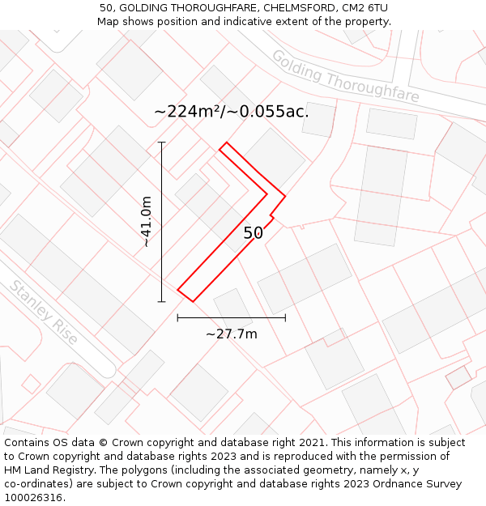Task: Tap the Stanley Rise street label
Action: point(44,312)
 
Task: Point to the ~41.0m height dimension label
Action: point(147,222)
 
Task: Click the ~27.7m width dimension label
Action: point(231,334)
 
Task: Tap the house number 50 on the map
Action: point(253,233)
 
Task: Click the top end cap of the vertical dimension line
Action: point(161,142)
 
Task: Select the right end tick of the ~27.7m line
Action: point(285,318)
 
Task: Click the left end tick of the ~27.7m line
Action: point(177,318)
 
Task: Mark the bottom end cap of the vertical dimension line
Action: point(161,301)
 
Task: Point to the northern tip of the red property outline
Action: point(226,142)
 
